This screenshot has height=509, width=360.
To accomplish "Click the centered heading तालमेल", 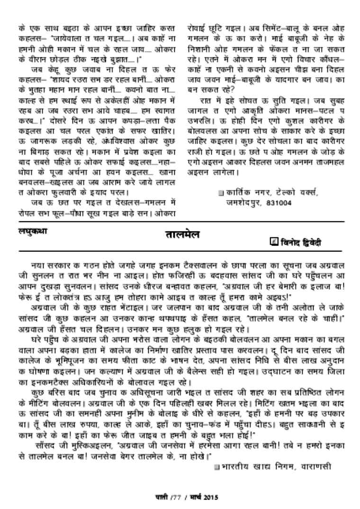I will [x=182, y=235].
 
